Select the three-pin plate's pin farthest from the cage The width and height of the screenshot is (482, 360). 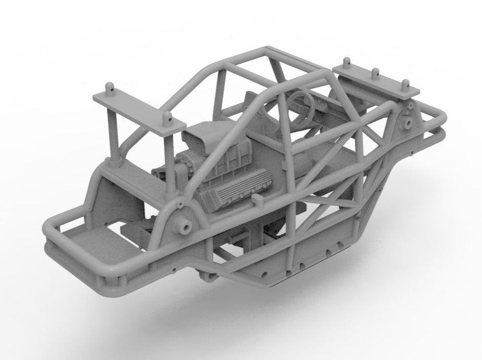point(405,83)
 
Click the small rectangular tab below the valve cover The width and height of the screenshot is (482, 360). point(257,200)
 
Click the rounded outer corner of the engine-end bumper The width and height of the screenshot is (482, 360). point(50,231)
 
